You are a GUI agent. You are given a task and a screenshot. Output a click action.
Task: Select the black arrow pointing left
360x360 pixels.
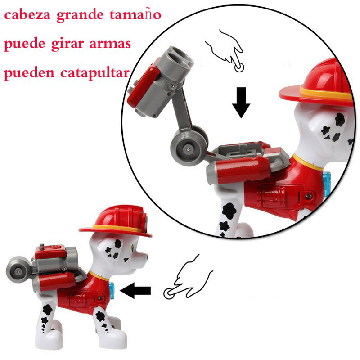pos(136,291)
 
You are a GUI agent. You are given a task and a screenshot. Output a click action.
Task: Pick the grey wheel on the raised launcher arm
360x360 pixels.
pos(188,146)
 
